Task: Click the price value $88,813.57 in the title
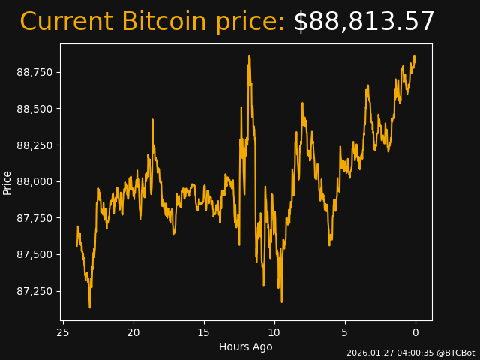(364, 22)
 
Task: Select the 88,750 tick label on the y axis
(34, 72)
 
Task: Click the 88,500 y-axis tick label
(34, 109)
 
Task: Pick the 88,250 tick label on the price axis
(34, 145)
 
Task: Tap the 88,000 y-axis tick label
(34, 181)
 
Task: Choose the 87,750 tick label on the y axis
(34, 218)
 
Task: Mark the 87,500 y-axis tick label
(34, 254)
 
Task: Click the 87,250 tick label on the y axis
(34, 291)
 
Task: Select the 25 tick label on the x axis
(63, 332)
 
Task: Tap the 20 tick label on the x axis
(133, 332)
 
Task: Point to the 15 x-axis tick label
(204, 332)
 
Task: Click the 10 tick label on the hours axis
(274, 332)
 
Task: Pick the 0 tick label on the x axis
(415, 332)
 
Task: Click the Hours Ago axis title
(245, 346)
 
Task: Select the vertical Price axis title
(7, 182)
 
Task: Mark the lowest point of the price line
(90, 307)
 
